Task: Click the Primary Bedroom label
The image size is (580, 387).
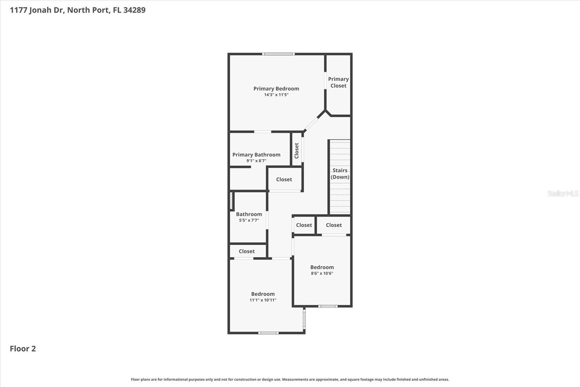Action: click(276, 89)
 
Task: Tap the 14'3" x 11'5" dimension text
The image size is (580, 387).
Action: click(276, 95)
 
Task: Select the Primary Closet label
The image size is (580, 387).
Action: click(338, 82)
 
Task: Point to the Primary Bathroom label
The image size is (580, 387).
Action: click(256, 155)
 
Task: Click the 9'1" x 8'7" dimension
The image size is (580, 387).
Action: click(256, 161)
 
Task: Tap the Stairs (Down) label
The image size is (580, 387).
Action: click(340, 174)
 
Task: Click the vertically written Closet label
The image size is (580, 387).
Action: click(297, 150)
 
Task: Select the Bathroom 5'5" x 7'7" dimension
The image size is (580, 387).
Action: click(249, 220)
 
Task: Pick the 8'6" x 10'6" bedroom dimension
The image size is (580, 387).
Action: click(322, 273)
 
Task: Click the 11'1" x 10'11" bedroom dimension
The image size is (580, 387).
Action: click(263, 300)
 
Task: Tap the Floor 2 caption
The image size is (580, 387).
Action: click(23, 349)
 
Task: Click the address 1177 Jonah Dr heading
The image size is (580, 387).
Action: click(78, 10)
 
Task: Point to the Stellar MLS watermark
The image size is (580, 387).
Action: click(563, 193)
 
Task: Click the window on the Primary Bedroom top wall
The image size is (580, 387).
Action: click(278, 54)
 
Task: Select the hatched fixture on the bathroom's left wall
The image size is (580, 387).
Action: click(231, 201)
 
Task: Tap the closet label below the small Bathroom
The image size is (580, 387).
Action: click(246, 251)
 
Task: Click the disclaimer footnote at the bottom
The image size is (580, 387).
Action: click(290, 379)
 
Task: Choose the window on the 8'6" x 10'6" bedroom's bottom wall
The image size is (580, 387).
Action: click(328, 306)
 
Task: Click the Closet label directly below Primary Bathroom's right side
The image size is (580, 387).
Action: click(284, 179)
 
